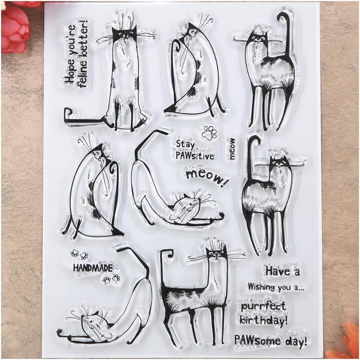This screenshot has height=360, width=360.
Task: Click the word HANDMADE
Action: pyautogui.click(x=93, y=268)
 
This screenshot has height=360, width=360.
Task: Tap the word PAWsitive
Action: pyautogui.click(x=195, y=156)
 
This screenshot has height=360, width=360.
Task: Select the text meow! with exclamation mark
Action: pyautogui.click(x=206, y=177)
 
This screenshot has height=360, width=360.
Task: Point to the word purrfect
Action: pyautogui.click(x=263, y=306)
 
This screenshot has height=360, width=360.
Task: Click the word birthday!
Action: pyautogui.click(x=264, y=320)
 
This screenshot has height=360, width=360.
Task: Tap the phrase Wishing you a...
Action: pyautogui.click(x=276, y=287)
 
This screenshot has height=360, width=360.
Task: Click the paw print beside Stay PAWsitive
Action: pyautogui.click(x=209, y=133)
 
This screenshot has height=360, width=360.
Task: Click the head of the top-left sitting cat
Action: pyautogui.click(x=124, y=34)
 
